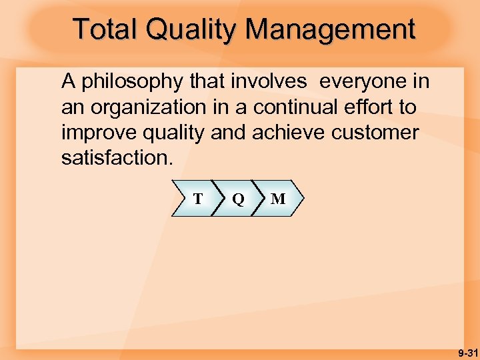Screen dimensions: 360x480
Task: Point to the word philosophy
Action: tap(131, 82)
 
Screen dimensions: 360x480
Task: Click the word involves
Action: tap(273, 81)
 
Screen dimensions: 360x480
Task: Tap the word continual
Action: tap(295, 107)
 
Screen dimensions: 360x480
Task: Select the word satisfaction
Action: tap(115, 157)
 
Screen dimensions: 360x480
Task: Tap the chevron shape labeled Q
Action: tap(237, 199)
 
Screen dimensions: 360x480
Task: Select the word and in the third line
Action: tap(229, 132)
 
